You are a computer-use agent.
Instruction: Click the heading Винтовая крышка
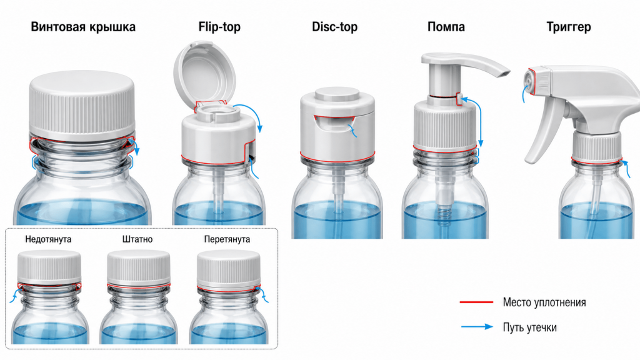pos(83,27)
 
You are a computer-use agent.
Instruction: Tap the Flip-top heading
pos(219,27)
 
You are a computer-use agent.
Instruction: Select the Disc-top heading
pos(335,27)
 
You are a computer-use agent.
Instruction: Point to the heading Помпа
pos(446,27)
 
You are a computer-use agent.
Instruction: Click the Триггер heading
pos(569,27)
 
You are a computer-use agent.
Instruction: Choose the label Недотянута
pos(48,239)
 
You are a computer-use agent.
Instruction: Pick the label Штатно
pos(137,239)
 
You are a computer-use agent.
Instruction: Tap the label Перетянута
pos(227,239)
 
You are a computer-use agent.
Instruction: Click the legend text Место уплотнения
pos(544,302)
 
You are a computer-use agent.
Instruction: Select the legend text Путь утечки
pos(529,327)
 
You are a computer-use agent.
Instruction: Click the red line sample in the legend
pos(476,302)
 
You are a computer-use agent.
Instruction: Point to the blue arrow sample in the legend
pos(477,326)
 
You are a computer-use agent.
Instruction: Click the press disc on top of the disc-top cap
pos(337,94)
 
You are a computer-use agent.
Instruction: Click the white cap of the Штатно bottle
pos(138,267)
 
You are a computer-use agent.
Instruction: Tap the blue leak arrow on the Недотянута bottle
pos(14,296)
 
